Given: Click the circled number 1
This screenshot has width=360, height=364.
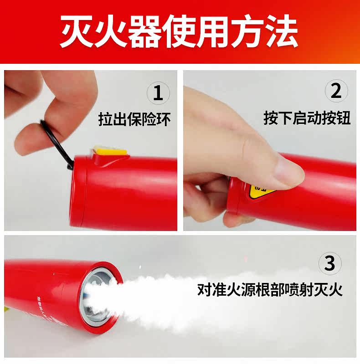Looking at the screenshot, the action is point(158,93).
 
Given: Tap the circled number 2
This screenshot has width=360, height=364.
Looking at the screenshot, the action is point(336,91).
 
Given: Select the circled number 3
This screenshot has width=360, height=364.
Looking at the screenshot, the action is point(330,263).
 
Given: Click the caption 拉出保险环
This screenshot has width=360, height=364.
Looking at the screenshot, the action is point(134,119).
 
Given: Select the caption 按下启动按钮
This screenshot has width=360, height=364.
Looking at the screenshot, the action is point(307,118).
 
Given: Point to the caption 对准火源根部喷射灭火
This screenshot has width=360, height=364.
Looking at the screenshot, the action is point(270,289).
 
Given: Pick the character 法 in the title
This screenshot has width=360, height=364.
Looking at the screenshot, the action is point(282,31).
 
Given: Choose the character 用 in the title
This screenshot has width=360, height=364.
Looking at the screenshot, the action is point(213,31).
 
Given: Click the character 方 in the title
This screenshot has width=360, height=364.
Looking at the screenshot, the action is point(247,31).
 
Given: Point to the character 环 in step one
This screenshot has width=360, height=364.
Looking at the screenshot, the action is point(164,119).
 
